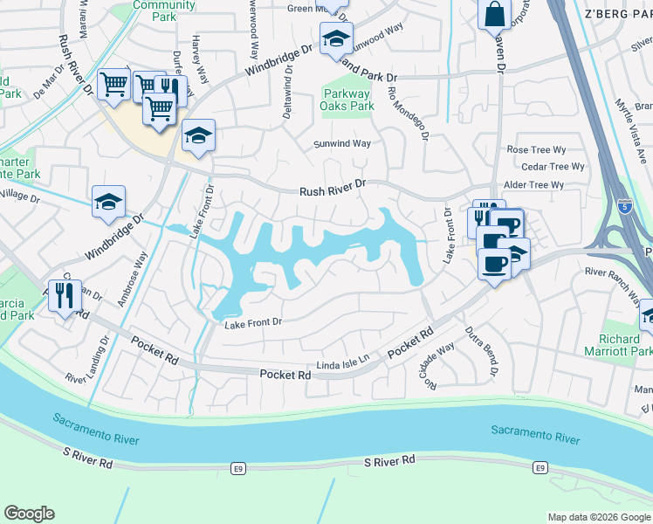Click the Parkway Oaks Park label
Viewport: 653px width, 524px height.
click(x=348, y=100)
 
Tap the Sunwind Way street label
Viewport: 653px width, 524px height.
click(x=342, y=144)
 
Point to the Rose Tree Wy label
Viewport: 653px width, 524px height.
click(x=536, y=150)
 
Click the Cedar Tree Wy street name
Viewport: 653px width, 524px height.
click(x=552, y=167)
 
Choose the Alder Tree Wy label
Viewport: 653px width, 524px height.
click(x=534, y=185)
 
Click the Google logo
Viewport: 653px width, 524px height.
click(x=29, y=514)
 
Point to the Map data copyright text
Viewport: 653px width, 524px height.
click(x=598, y=517)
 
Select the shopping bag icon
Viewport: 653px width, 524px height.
click(x=494, y=15)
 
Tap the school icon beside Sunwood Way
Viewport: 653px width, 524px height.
click(x=335, y=38)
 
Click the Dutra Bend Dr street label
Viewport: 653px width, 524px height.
click(x=481, y=345)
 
